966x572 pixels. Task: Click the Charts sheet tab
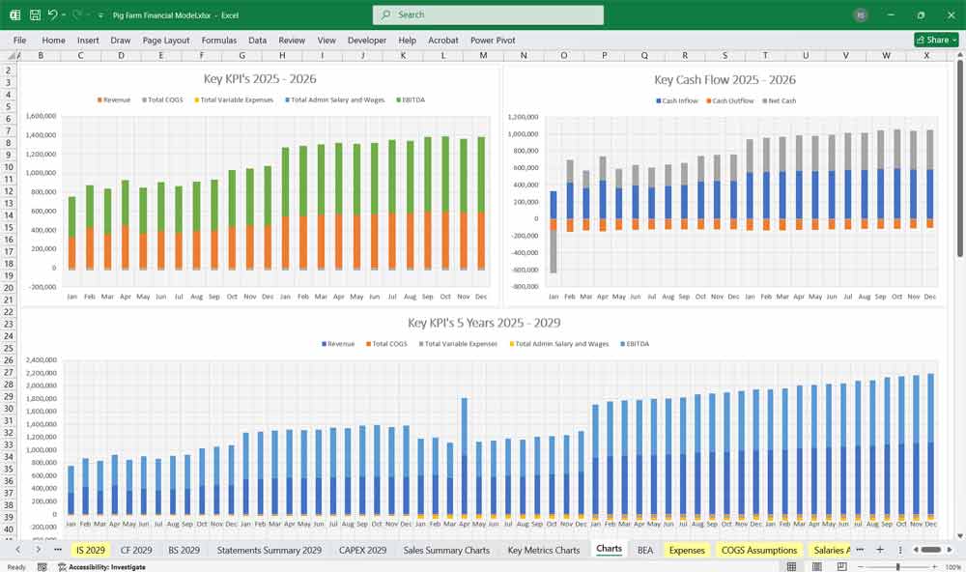point(609,550)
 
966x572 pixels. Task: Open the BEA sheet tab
point(644,550)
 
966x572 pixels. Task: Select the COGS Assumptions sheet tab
point(758,550)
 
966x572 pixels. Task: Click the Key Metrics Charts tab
point(543,550)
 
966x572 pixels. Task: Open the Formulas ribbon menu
point(218,41)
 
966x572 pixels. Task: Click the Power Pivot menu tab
point(493,41)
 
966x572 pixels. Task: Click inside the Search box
point(488,14)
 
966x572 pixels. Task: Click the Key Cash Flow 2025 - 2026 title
point(724,80)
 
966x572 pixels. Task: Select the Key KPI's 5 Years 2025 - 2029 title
point(484,323)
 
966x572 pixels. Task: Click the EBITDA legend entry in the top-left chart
point(409,100)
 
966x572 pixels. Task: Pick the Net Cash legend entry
point(780,100)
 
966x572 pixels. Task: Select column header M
point(483,56)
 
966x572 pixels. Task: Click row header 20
point(10,288)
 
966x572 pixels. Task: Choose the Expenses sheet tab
point(687,550)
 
